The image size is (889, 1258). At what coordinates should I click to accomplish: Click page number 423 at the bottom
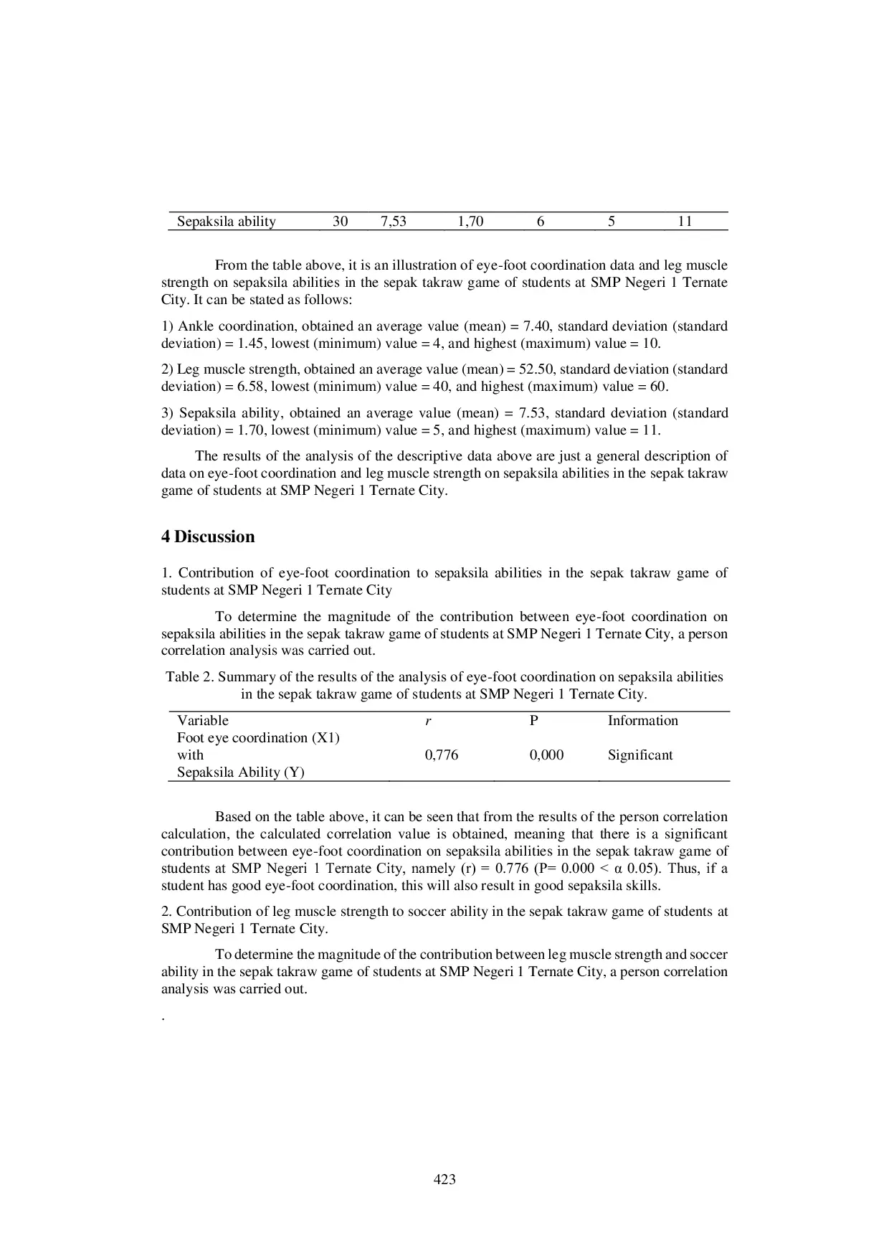[444, 1179]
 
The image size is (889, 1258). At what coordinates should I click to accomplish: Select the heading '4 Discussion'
[207, 537]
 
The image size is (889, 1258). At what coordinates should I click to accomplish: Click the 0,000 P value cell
[546, 755]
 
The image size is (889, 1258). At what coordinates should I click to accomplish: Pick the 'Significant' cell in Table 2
[640, 755]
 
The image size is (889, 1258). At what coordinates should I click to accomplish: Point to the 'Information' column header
[642, 721]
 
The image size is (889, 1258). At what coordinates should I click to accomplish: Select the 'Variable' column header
[202, 721]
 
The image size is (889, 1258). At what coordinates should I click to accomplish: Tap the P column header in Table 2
[533, 721]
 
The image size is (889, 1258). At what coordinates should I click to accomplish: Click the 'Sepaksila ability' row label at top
[226, 222]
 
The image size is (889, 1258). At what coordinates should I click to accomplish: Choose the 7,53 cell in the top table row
[394, 222]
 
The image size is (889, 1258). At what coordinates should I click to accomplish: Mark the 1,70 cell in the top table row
[470, 222]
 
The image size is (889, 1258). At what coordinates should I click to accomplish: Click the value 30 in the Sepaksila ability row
[340, 222]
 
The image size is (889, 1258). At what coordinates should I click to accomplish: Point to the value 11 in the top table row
[685, 222]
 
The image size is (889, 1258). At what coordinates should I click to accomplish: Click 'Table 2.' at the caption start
[190, 677]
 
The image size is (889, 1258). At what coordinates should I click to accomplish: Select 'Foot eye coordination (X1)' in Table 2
[258, 738]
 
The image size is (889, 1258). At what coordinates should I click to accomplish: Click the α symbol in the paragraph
[619, 869]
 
